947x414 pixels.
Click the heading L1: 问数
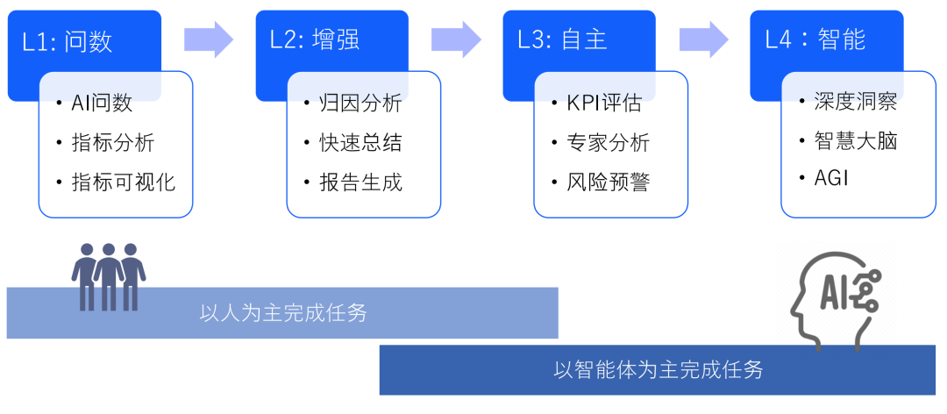pyautogui.click(x=68, y=41)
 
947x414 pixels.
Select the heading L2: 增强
pyautogui.click(x=315, y=41)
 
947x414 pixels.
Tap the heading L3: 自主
pyautogui.click(x=562, y=41)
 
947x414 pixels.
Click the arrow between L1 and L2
pyautogui.click(x=209, y=39)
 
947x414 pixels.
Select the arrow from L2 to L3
pyautogui.click(x=456, y=39)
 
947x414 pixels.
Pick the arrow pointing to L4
pyautogui.click(x=703, y=39)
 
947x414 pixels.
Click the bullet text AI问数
pyautogui.click(x=102, y=103)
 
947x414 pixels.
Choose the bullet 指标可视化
pyautogui.click(x=124, y=182)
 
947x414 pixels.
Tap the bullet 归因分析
pyautogui.click(x=360, y=103)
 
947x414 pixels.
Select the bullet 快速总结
pyautogui.click(x=360, y=143)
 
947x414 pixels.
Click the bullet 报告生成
pyautogui.click(x=360, y=182)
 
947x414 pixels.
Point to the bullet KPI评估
pyautogui.click(x=603, y=103)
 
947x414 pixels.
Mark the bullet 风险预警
pyautogui.click(x=609, y=182)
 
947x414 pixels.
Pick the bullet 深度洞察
pyautogui.click(x=856, y=102)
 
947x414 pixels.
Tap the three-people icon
pyautogui.click(x=109, y=277)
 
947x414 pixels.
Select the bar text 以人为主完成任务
pyautogui.click(x=283, y=313)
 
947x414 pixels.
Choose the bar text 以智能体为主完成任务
pyautogui.click(x=659, y=370)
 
